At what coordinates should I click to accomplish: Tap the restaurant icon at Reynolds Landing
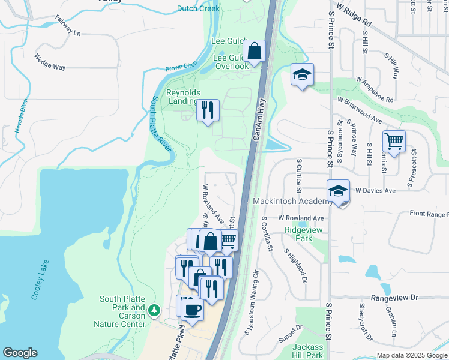click(208, 110)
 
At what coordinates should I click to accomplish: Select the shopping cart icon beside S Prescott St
click(394, 142)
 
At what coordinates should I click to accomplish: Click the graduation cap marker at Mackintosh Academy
click(338, 191)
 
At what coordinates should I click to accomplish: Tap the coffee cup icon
click(192, 310)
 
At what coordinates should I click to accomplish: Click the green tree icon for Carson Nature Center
click(155, 310)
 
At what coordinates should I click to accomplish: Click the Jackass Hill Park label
click(308, 352)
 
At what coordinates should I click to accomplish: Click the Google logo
click(20, 353)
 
